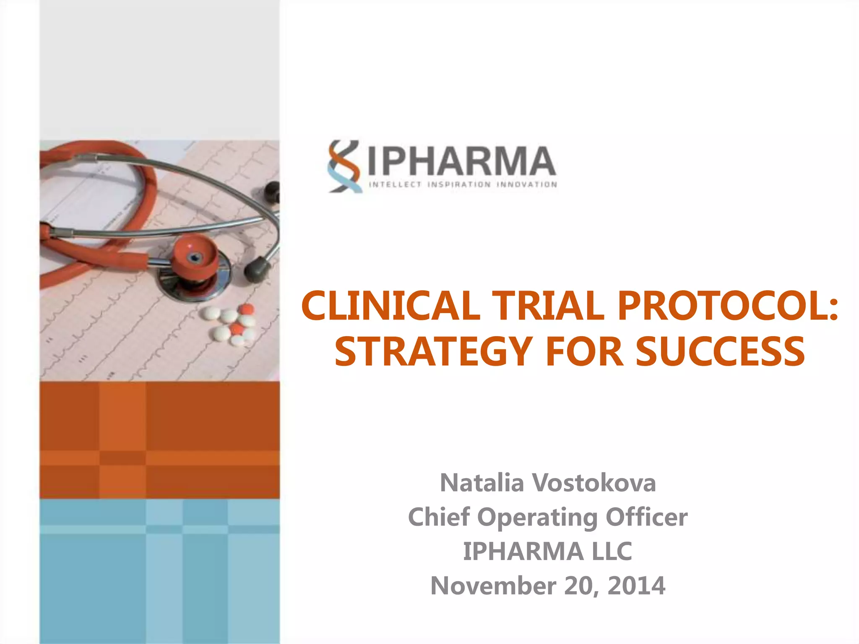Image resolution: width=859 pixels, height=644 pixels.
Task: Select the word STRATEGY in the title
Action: (x=433, y=351)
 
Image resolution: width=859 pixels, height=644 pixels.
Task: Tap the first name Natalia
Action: (x=482, y=483)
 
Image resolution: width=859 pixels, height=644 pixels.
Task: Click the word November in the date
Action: (x=493, y=586)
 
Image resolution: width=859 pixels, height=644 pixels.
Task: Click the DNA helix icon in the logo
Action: (x=345, y=166)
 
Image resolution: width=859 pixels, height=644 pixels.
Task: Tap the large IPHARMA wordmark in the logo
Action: (x=462, y=161)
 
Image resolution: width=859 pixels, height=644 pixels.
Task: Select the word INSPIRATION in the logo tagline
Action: (x=459, y=184)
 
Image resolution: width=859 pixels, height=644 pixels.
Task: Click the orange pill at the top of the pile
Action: (x=246, y=310)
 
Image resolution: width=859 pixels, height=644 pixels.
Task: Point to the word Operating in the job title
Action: (x=537, y=517)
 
